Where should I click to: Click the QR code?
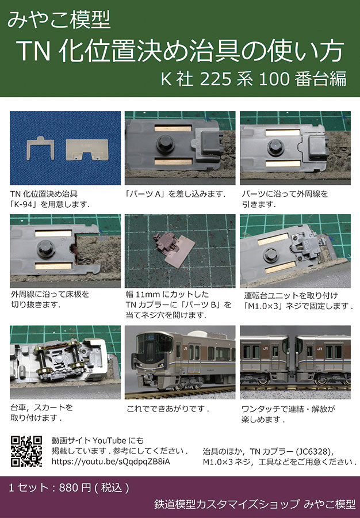[26, 451]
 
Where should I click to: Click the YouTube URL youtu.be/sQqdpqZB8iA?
[110, 462]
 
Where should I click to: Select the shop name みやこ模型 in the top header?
[59, 20]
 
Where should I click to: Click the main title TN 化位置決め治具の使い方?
[180, 51]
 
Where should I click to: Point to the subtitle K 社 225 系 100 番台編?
[254, 79]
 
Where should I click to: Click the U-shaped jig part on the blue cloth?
[40, 148]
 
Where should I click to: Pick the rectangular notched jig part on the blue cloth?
[87, 150]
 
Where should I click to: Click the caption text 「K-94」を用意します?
[50, 204]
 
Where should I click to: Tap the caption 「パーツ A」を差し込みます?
[175, 194]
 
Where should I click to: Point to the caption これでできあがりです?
[167, 409]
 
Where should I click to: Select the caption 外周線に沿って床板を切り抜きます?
[50, 299]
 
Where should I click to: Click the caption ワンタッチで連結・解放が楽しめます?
[288, 414]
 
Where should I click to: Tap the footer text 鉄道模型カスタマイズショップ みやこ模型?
[255, 504]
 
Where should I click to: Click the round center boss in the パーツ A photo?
[166, 144]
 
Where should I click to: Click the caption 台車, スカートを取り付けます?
[41, 412]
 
